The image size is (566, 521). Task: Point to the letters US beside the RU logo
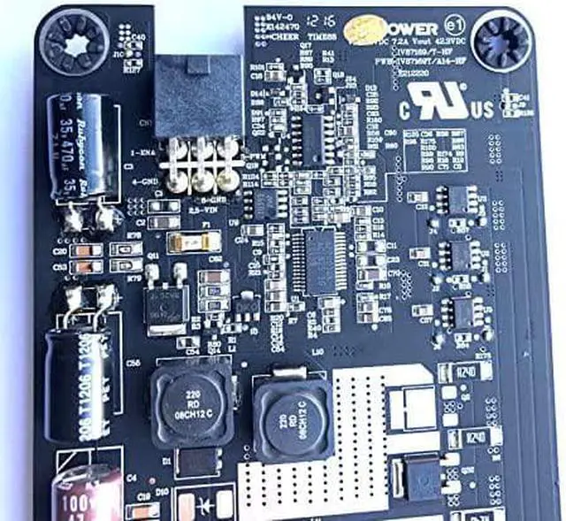coord(483,112)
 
